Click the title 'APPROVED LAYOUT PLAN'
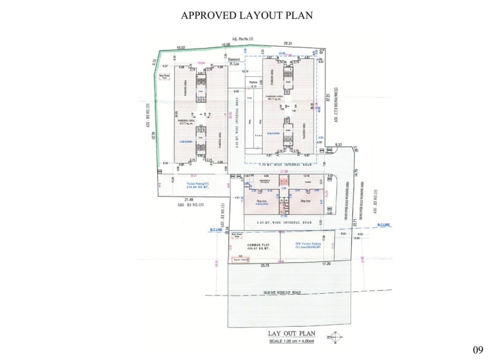(247, 15)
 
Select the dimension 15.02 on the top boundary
(181, 47)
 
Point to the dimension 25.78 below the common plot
(265, 265)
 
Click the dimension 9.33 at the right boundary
(338, 144)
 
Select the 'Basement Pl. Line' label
(234, 60)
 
